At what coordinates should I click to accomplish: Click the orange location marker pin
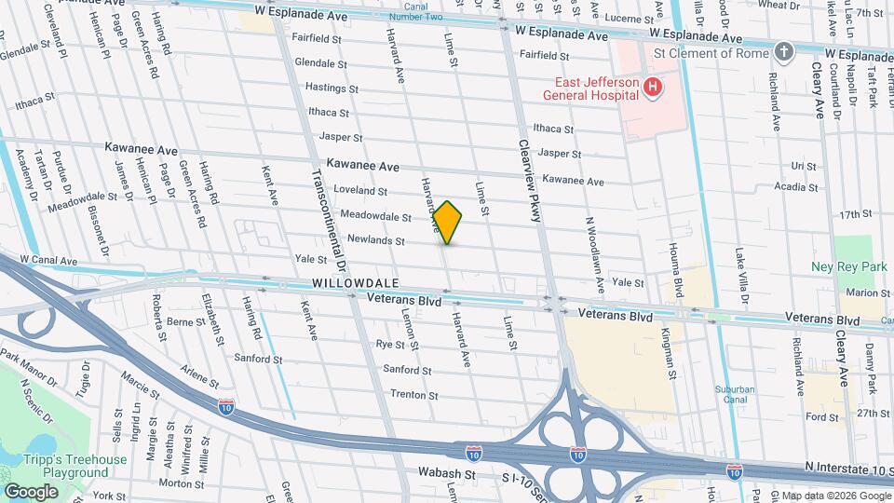click(x=448, y=223)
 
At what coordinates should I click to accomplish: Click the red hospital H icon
click(x=653, y=88)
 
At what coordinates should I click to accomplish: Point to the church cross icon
click(x=784, y=52)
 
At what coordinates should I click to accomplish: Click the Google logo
click(x=31, y=491)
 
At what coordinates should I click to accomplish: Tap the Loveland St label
click(x=360, y=191)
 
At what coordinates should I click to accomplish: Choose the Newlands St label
click(x=375, y=240)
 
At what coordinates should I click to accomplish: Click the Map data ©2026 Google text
click(x=834, y=495)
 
